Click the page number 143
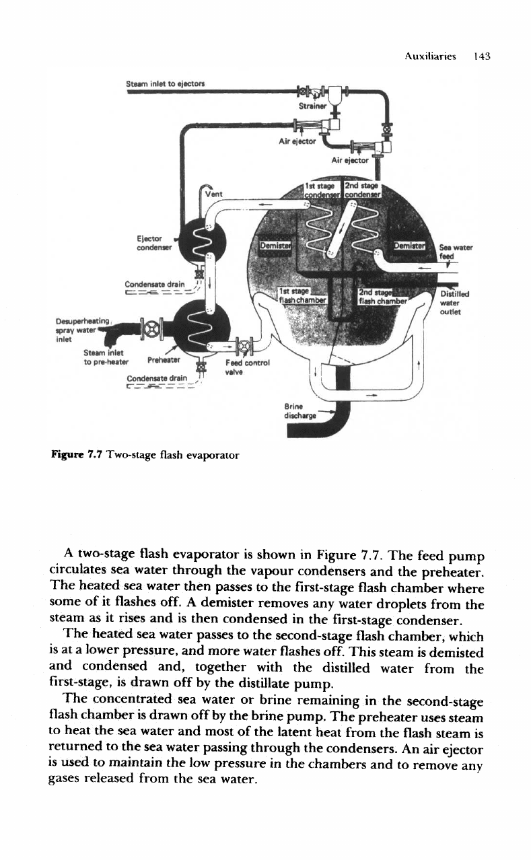(483, 57)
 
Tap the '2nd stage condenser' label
(362, 188)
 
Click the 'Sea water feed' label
(455, 251)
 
